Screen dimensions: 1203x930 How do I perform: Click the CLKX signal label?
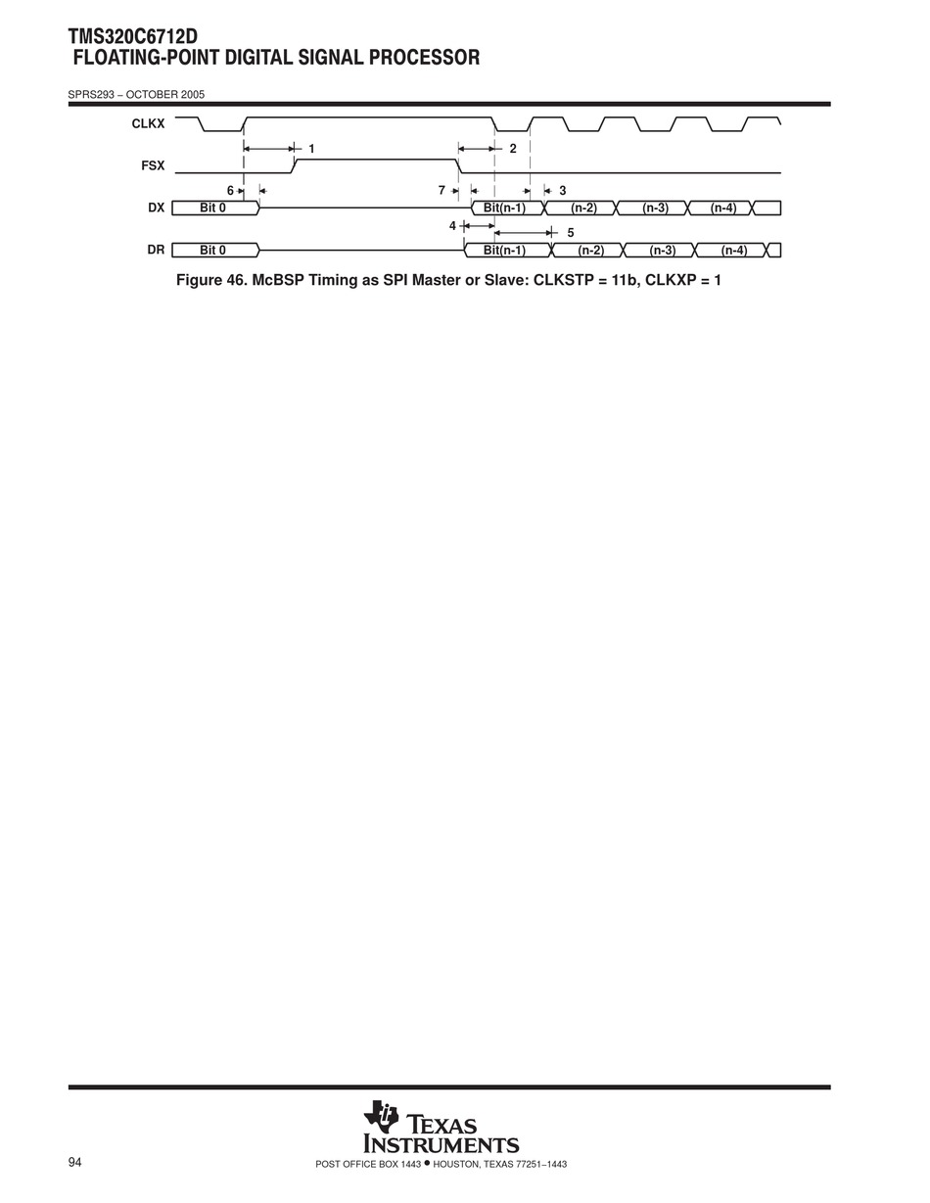point(148,124)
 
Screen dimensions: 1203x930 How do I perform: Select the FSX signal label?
point(152,166)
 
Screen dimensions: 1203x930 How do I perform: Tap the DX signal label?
point(156,208)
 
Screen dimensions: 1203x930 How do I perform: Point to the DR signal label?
point(156,250)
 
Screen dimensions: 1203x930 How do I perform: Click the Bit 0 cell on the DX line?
point(213,208)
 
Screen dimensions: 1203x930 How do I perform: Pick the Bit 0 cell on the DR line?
point(213,251)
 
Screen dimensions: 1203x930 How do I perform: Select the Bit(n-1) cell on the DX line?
point(505,208)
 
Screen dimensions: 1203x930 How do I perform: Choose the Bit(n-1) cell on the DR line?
point(505,251)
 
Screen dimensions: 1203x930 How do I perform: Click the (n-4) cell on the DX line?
point(722,208)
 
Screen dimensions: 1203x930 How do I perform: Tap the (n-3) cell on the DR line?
point(662,251)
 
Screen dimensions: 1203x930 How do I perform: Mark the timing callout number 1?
point(311,149)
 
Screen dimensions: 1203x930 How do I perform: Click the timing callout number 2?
point(512,149)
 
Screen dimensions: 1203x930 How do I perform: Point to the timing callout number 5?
point(571,233)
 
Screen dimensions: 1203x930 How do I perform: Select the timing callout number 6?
point(230,191)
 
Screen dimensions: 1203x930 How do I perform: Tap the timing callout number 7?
point(442,191)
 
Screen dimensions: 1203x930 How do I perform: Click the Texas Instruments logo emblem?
point(381,1117)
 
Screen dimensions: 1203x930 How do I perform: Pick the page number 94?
point(75,1162)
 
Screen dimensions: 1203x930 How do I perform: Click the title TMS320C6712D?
point(133,37)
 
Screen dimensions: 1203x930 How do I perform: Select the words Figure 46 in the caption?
point(209,280)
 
